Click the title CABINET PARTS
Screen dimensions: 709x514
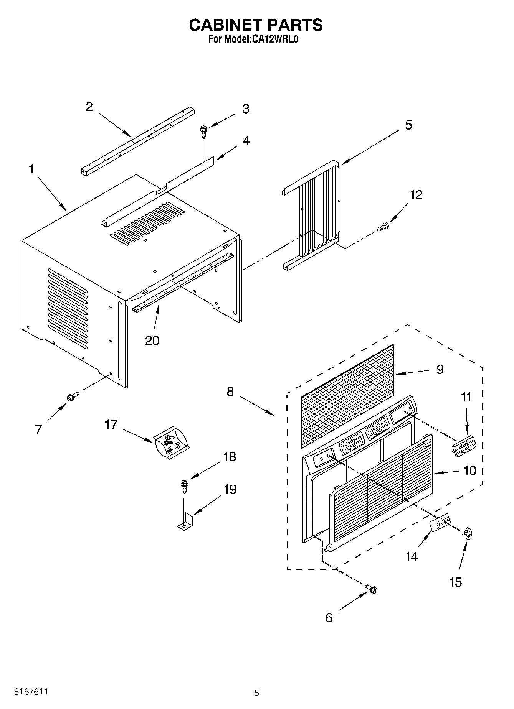coord(256,25)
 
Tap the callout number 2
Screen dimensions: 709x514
coord(89,107)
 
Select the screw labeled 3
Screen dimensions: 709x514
coord(202,133)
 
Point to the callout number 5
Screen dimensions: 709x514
coord(408,125)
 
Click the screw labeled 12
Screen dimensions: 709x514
coord(383,227)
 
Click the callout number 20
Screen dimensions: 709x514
coord(152,340)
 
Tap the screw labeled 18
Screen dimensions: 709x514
coord(184,486)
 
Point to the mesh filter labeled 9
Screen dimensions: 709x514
coord(347,395)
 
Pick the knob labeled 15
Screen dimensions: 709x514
coord(467,533)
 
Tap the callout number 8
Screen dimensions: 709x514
coord(230,392)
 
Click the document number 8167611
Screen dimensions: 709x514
coord(31,692)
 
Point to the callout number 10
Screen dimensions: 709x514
coord(470,470)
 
